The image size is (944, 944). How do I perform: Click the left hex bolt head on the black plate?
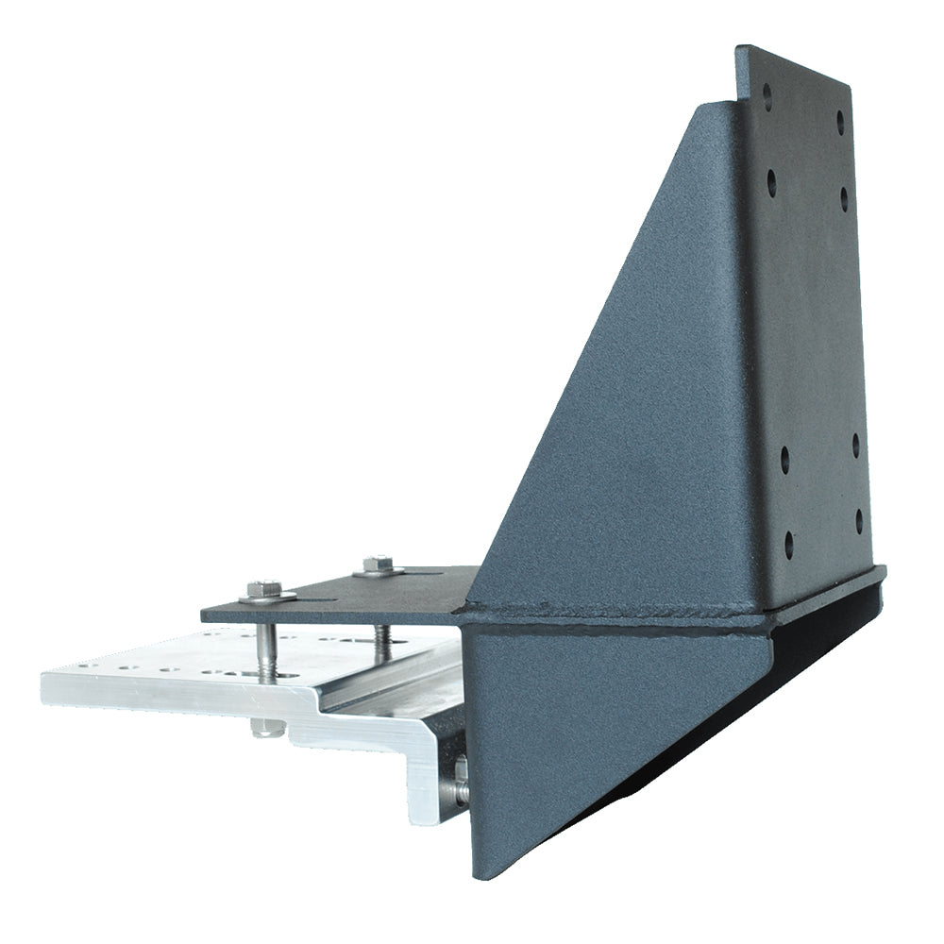(x=264, y=588)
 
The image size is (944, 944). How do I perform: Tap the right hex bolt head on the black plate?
(x=377, y=564)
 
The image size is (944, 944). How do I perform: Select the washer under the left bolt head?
(x=267, y=597)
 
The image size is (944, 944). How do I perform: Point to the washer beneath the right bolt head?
(x=379, y=571)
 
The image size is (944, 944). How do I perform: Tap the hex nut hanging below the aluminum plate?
(x=267, y=726)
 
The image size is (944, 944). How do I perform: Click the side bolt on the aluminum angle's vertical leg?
(x=461, y=779)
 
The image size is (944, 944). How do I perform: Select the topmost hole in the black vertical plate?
(x=767, y=93)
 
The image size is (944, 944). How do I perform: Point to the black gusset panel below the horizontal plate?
(x=585, y=727)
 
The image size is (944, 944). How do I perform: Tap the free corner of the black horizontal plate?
(x=203, y=615)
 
